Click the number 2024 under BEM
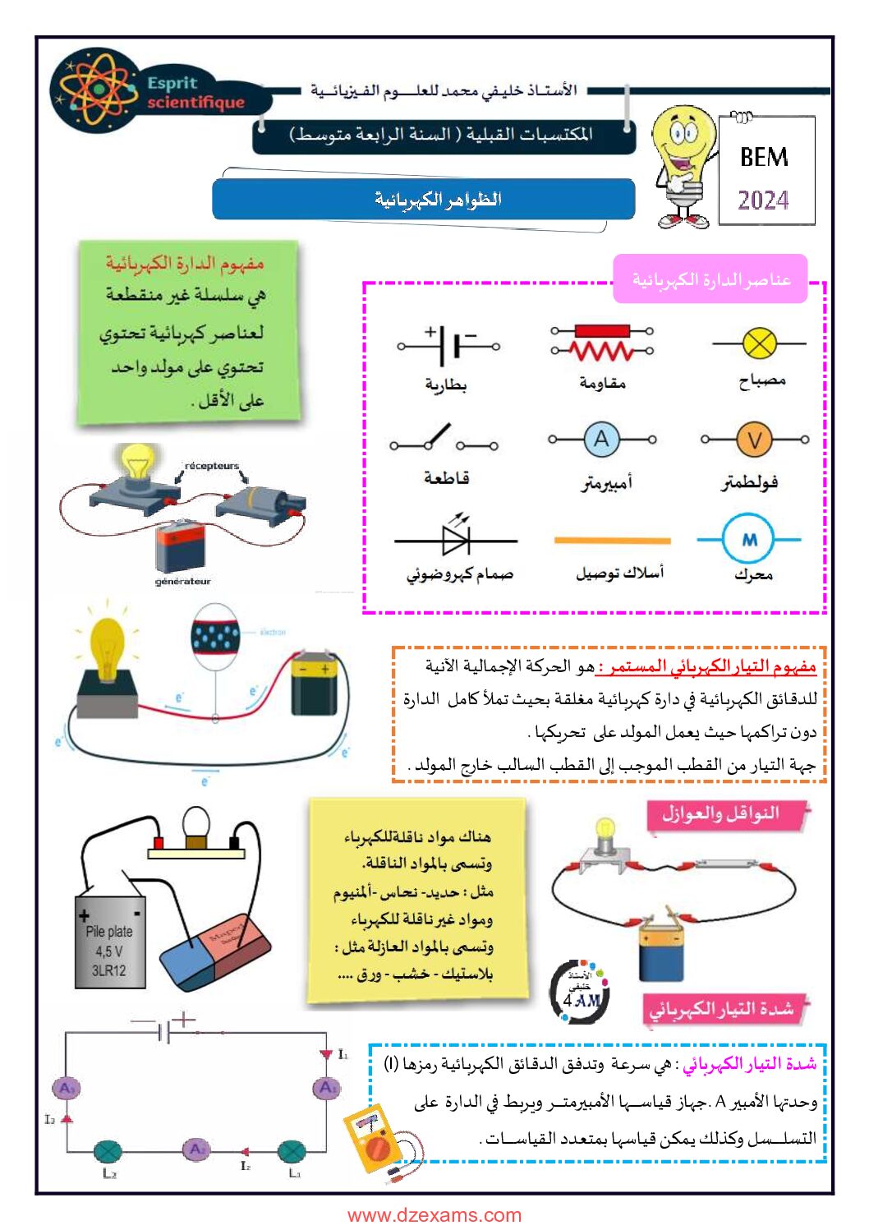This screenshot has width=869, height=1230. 763,200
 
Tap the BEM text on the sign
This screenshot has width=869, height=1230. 764,157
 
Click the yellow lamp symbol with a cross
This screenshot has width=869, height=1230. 759,343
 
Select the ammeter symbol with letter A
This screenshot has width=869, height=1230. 601,440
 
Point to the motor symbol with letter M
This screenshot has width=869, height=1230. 749,540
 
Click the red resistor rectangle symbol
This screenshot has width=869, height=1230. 602,331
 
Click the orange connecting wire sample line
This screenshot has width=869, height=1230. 612,541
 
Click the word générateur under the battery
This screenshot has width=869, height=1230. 183,582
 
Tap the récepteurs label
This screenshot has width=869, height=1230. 211,466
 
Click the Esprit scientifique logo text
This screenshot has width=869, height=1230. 195,93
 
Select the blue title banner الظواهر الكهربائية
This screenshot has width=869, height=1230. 423,200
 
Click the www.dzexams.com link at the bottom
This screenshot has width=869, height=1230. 434,1215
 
